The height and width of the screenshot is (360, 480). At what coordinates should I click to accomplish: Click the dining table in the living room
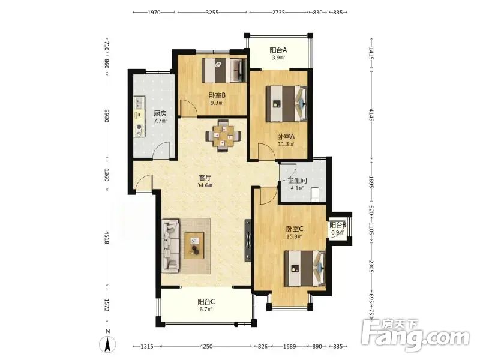pos(223,136)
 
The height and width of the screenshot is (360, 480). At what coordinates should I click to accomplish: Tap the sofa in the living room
pos(170,245)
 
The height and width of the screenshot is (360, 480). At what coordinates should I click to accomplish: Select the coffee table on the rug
pos(194,245)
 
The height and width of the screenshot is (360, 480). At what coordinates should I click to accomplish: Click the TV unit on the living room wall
pos(248,241)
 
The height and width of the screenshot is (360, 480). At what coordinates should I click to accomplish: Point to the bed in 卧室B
pos(224,70)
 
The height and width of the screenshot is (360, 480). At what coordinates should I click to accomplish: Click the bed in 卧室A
pos(286,104)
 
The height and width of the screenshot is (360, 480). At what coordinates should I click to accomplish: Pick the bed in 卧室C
pos(305,268)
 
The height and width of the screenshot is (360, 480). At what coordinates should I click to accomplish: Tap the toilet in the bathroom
pos(316,194)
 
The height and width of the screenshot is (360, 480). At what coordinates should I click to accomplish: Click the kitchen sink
pos(139,103)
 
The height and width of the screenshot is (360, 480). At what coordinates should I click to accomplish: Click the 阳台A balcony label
pos(278,50)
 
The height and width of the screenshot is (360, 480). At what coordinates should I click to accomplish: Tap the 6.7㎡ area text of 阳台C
pos(206,309)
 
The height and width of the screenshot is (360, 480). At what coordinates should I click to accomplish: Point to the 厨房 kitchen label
pos(160,113)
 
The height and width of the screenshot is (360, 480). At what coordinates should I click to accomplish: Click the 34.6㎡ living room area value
pos(205,185)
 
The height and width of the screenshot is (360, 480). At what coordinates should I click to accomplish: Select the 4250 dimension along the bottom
pos(206,347)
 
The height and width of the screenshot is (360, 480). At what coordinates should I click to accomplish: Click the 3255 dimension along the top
pos(212,12)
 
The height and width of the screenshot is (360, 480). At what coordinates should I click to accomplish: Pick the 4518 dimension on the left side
pos(107,238)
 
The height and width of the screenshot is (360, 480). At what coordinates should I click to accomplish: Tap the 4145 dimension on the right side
pos(371,115)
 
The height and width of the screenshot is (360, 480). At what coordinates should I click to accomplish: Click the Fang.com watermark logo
pos(415,335)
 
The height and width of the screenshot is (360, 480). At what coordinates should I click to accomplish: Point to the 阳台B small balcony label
pos(338,225)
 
